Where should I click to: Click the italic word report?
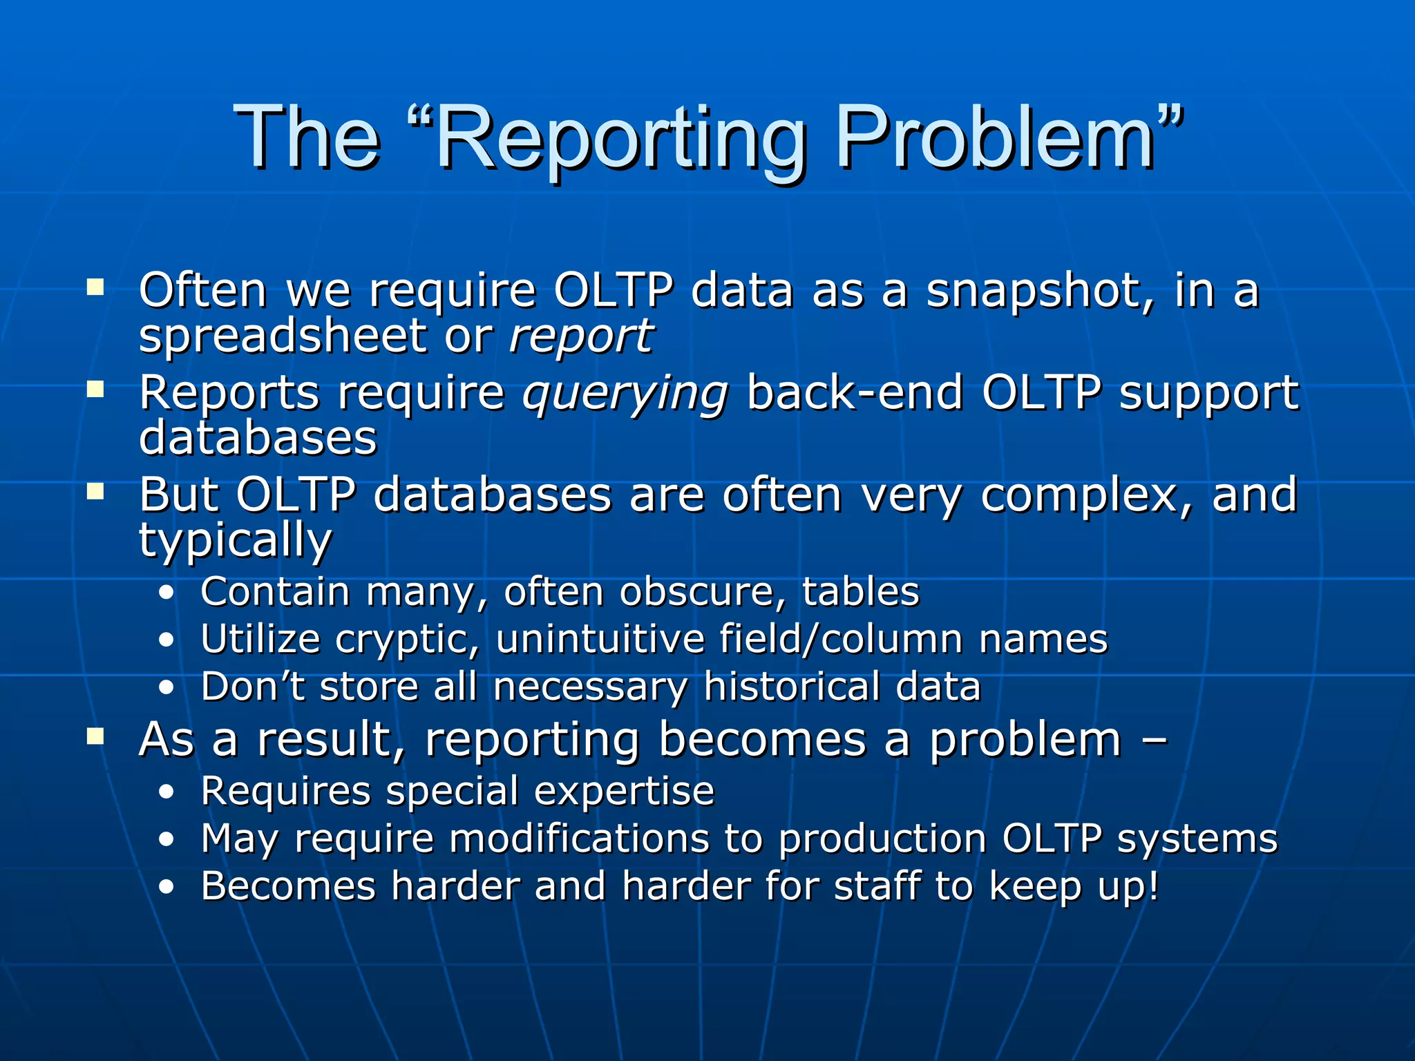click(x=580, y=337)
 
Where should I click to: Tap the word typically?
click(x=236, y=541)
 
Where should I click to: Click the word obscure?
click(x=698, y=592)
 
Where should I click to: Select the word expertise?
click(x=624, y=792)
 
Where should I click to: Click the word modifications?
click(x=579, y=839)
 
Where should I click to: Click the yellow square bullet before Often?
click(x=95, y=287)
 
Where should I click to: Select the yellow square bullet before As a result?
click(x=95, y=736)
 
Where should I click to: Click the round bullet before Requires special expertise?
click(x=166, y=793)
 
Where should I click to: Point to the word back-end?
click(x=855, y=394)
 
